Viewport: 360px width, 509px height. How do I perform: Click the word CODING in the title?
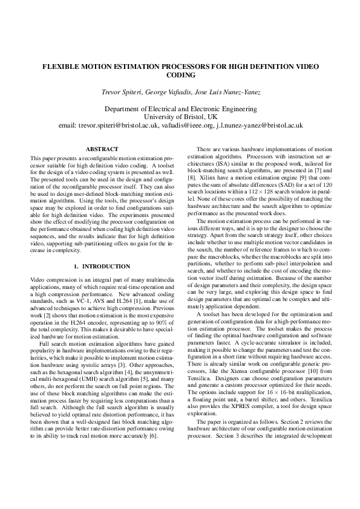(x=180, y=76)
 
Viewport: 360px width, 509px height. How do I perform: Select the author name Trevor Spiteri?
(x=122, y=92)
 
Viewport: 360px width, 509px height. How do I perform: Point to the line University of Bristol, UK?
(x=180, y=117)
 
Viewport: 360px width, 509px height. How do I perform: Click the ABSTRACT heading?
(x=98, y=149)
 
